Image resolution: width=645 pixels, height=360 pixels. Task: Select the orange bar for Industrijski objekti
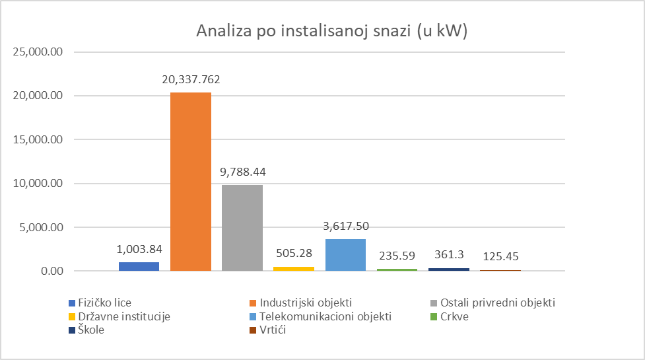click(x=191, y=182)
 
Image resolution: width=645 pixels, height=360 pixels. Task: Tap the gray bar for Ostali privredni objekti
click(x=242, y=228)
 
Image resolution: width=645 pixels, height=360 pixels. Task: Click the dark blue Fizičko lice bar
click(x=139, y=266)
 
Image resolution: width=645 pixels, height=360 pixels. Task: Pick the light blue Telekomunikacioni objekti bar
click(x=345, y=255)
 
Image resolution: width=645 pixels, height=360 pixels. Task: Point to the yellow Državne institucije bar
click(x=294, y=268)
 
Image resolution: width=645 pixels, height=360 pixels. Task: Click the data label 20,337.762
click(x=191, y=80)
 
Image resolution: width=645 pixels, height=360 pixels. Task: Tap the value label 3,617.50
click(x=345, y=227)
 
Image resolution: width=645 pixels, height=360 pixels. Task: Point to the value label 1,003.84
click(x=139, y=250)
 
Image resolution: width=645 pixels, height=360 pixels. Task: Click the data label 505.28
click(x=294, y=254)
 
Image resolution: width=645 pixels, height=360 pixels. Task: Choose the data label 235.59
click(x=397, y=256)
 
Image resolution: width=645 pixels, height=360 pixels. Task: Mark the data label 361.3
click(x=448, y=256)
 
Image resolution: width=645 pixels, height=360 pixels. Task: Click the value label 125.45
click(x=500, y=257)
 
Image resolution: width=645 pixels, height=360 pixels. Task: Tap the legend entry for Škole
click(x=85, y=330)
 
